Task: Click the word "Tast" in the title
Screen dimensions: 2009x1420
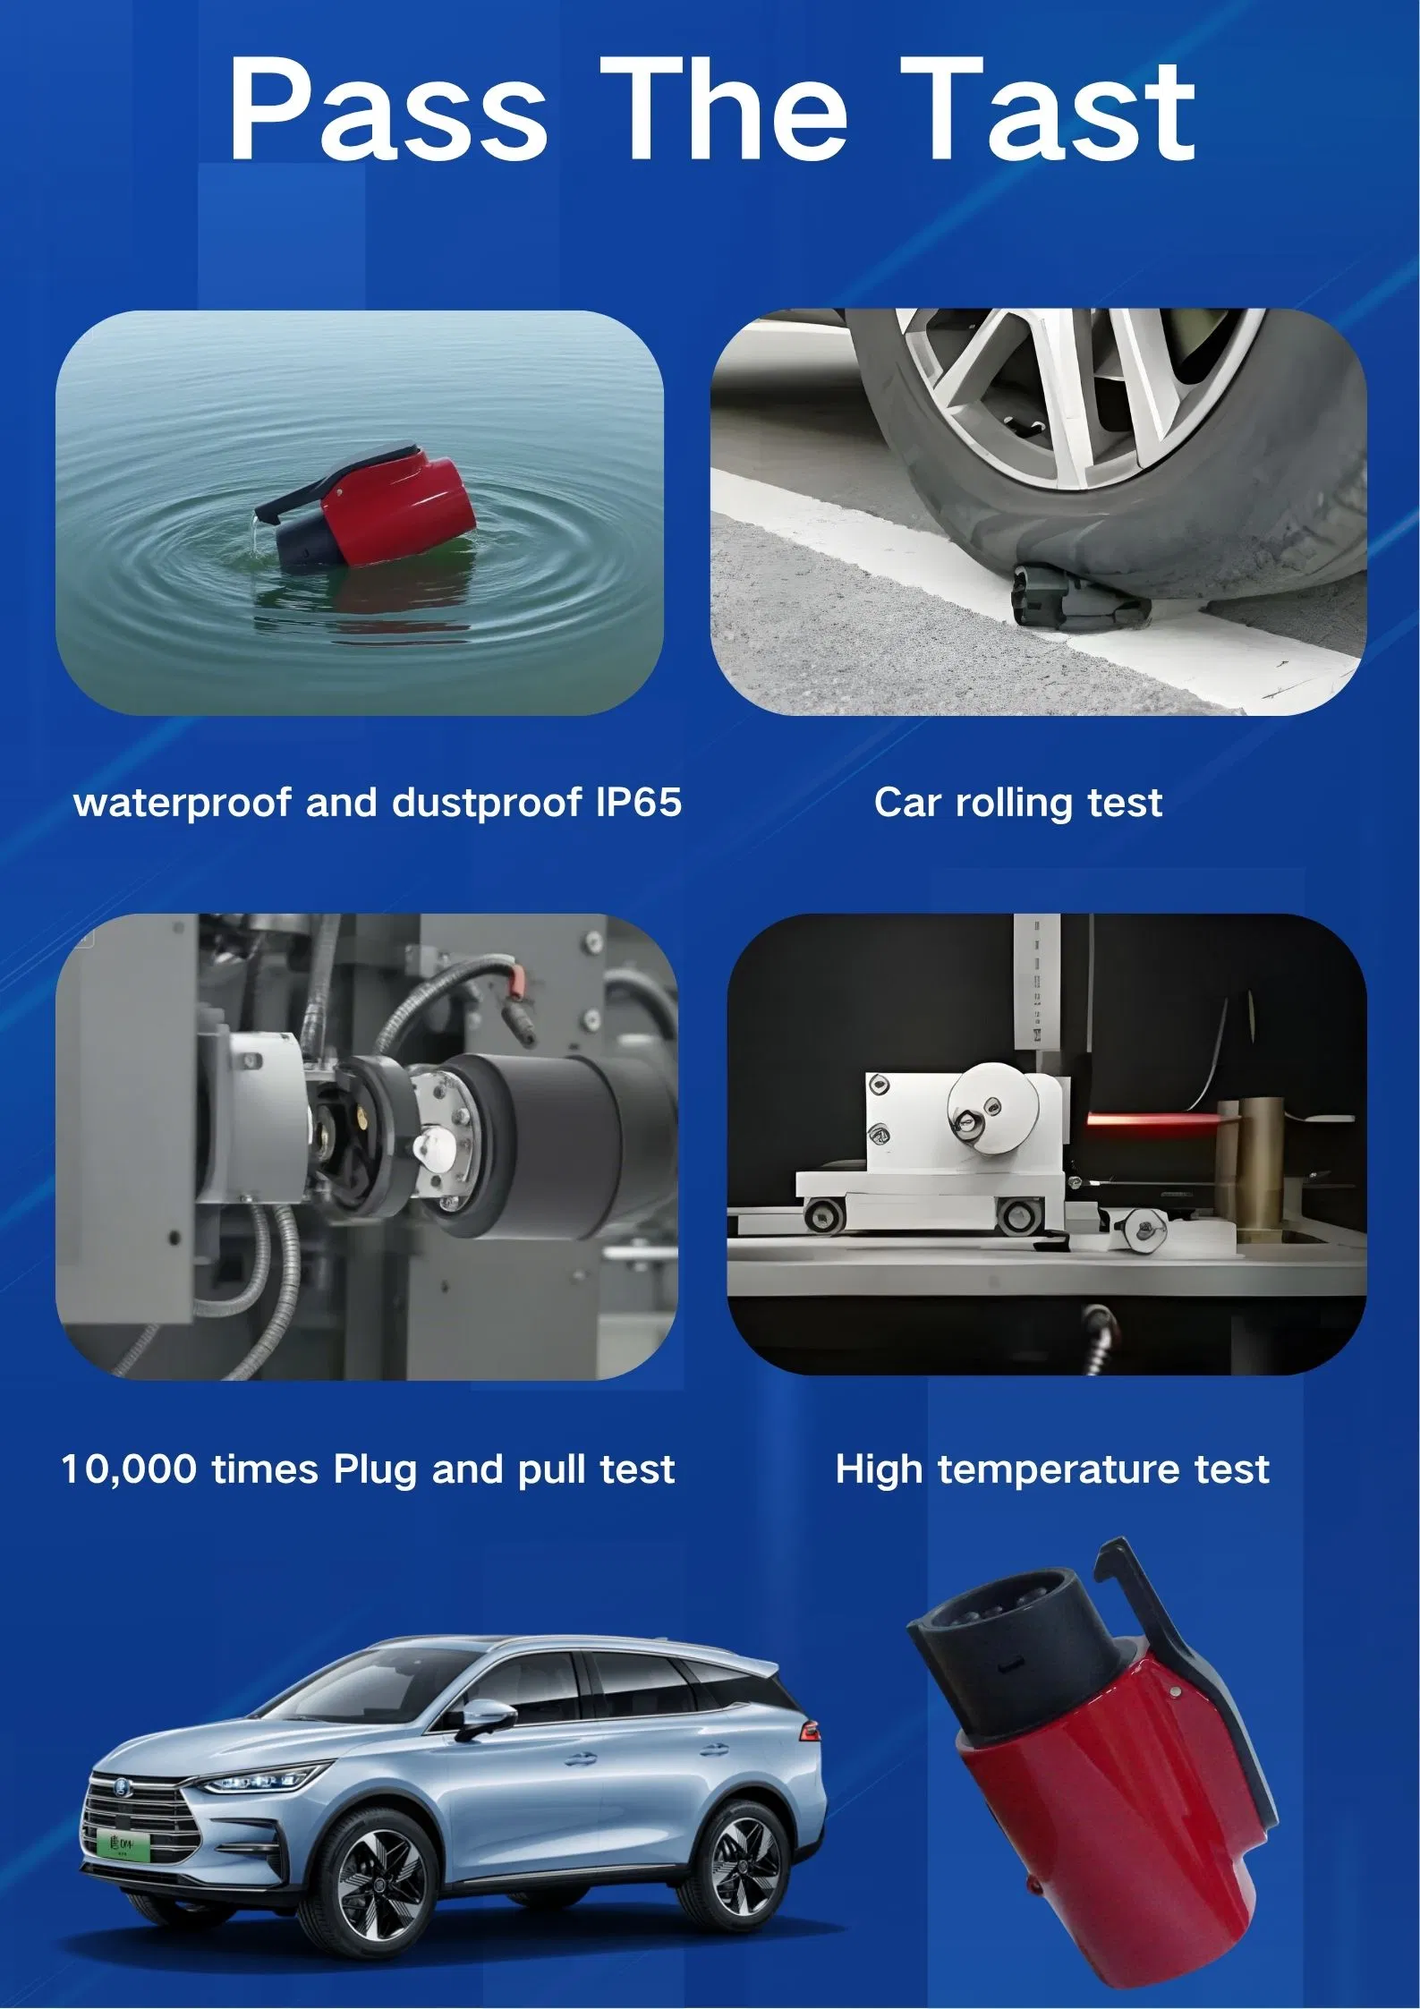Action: [1047, 109]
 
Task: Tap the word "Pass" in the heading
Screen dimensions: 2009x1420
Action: [387, 109]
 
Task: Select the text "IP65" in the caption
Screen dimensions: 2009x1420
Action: [638, 802]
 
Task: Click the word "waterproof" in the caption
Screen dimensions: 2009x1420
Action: [183, 803]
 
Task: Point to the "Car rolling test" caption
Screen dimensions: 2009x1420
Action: [1018, 803]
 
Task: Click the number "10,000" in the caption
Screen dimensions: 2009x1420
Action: [128, 1469]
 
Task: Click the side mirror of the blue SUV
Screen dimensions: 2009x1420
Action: [486, 1714]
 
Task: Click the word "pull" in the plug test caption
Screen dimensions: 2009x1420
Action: [554, 1469]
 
